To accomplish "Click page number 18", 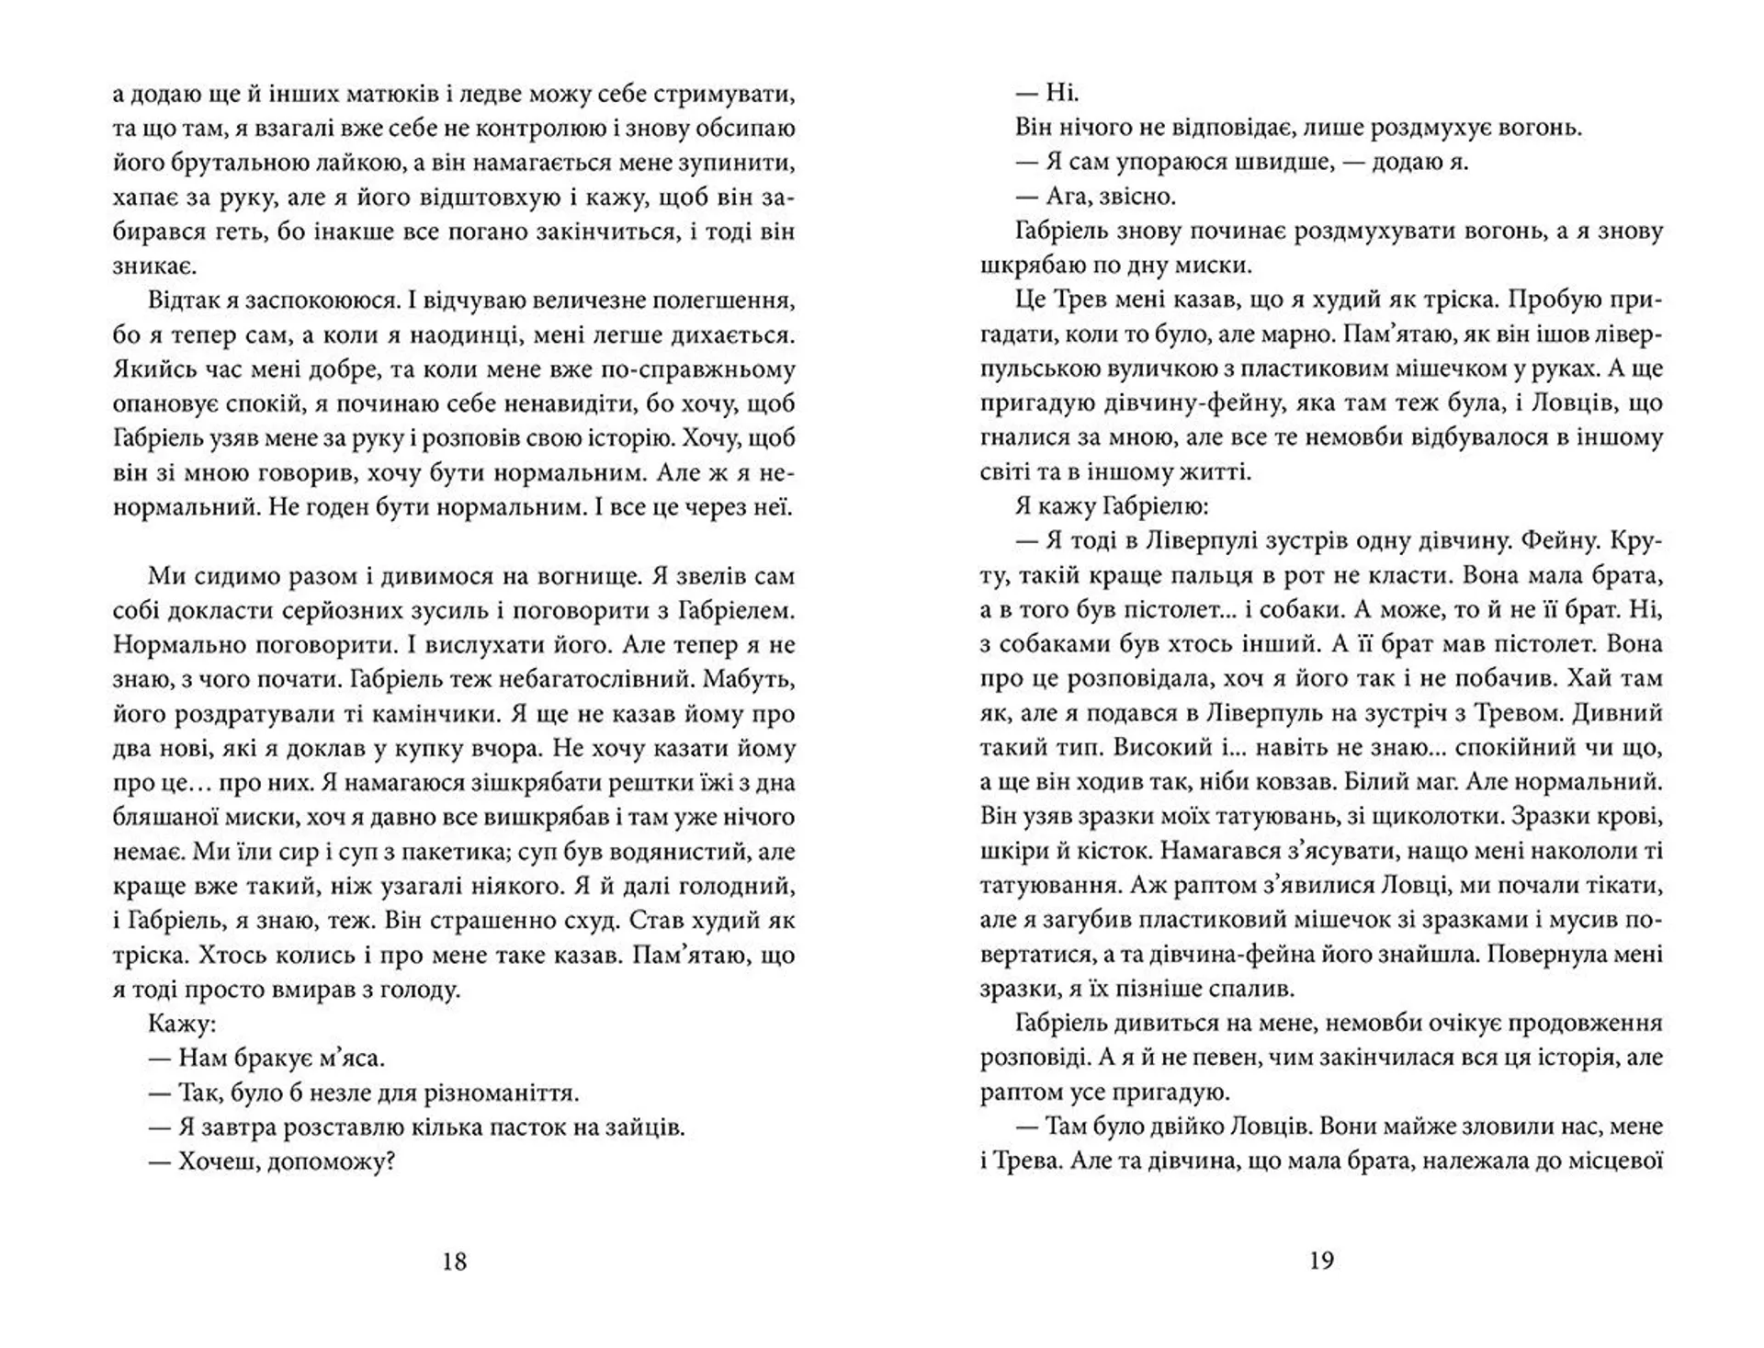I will click(455, 1262).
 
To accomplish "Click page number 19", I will click(1320, 1262).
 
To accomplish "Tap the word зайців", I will click(648, 1127).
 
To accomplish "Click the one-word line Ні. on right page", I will click(1063, 94).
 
